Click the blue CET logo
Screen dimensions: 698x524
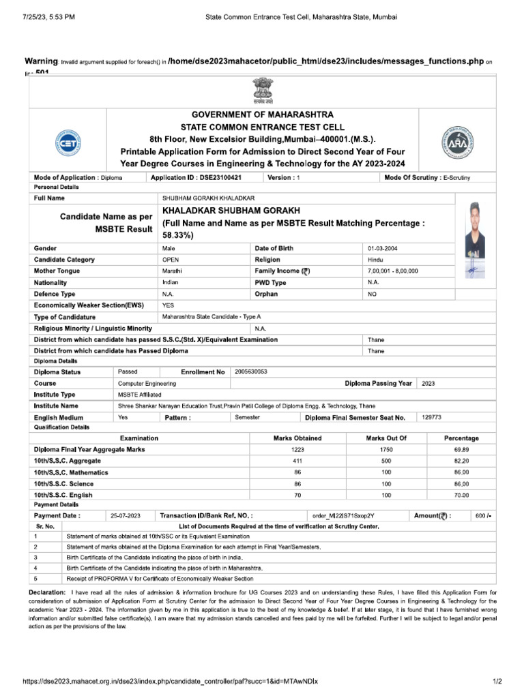(x=65, y=144)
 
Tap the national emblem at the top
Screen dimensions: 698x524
(x=262, y=89)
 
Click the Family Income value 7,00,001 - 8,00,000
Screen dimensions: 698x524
(x=393, y=271)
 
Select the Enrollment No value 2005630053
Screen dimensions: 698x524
(x=251, y=371)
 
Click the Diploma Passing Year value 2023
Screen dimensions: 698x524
(x=428, y=383)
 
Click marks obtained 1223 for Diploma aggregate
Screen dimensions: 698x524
(x=297, y=449)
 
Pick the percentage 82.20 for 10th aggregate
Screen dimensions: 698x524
(x=461, y=461)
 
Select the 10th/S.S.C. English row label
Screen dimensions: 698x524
(x=63, y=494)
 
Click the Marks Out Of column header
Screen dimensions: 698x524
(x=386, y=438)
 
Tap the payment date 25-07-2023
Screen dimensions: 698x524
(x=126, y=515)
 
